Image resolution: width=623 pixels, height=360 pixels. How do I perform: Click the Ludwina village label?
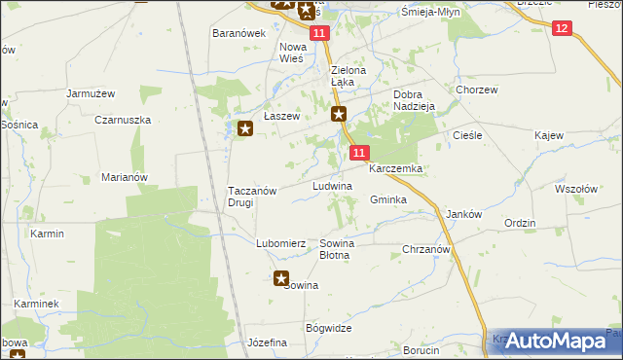pyautogui.click(x=331, y=185)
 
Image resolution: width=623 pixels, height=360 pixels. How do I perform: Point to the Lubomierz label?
pyautogui.click(x=281, y=243)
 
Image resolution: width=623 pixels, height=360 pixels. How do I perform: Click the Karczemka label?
pyautogui.click(x=394, y=168)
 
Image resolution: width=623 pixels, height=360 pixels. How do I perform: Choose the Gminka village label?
pyautogui.click(x=387, y=199)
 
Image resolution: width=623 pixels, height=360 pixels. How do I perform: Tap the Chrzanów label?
pyautogui.click(x=425, y=250)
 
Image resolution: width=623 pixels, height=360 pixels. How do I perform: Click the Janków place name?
pyautogui.click(x=463, y=214)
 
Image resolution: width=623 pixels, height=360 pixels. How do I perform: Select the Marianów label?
pyautogui.click(x=124, y=177)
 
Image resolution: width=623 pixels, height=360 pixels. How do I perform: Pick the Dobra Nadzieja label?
pyautogui.click(x=413, y=101)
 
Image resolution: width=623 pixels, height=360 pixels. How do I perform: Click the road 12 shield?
pyautogui.click(x=561, y=29)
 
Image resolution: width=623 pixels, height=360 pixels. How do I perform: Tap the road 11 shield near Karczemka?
pyautogui.click(x=360, y=153)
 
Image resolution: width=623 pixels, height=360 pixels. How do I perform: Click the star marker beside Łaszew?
pyautogui.click(x=245, y=127)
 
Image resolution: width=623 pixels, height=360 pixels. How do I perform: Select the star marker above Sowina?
pyautogui.click(x=282, y=278)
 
